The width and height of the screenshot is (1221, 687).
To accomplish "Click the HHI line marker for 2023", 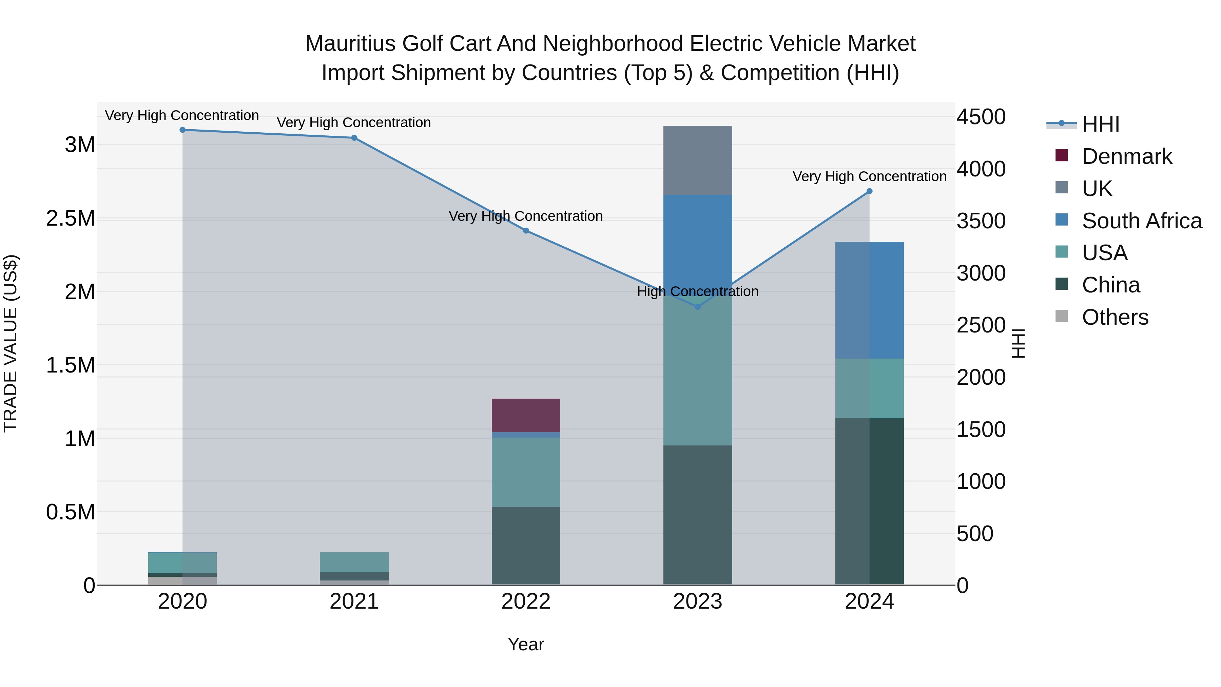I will [x=697, y=307].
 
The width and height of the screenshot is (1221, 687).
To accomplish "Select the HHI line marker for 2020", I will [x=182, y=130].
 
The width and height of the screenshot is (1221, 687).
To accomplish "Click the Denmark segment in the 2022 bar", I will [x=526, y=415].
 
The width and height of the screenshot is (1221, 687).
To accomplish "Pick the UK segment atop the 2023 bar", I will [x=697, y=160].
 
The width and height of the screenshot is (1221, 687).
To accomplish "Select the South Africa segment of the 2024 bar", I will [x=869, y=300].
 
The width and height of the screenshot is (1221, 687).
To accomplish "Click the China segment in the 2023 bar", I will [x=697, y=514].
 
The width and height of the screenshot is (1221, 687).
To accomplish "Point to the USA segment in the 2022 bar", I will [x=526, y=472].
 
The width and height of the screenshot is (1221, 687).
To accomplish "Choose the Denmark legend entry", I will [x=1127, y=156].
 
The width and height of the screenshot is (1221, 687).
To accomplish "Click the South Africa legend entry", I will [x=1141, y=221].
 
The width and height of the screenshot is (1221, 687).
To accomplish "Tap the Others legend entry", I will [x=1115, y=317].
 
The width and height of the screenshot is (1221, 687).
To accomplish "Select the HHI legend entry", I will [x=1100, y=124].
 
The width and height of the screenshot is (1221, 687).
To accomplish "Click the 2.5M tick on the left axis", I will [x=71, y=218].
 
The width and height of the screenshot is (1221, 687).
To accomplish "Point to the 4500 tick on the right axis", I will [x=981, y=117].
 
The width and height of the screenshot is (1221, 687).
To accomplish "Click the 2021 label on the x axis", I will [x=354, y=602].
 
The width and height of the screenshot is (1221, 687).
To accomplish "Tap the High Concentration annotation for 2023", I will [x=697, y=291].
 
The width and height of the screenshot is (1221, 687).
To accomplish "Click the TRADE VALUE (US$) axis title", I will [x=11, y=343].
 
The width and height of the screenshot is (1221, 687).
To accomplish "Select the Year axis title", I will [x=526, y=644].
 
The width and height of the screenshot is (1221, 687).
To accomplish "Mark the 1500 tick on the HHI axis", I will [x=981, y=430].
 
